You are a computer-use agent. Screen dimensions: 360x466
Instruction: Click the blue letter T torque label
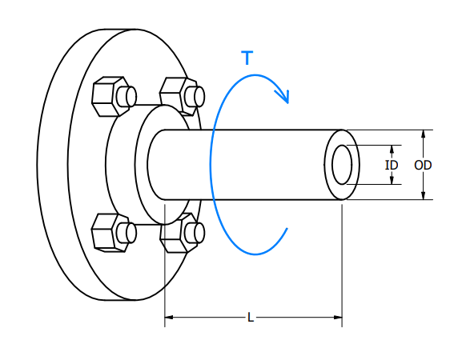(247, 58)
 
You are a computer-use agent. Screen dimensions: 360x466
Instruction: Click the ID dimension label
(392, 165)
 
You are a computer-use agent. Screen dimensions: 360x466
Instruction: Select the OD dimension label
(423, 165)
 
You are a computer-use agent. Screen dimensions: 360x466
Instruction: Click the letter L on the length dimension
(251, 318)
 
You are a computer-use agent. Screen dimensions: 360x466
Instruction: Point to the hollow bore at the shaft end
(342, 164)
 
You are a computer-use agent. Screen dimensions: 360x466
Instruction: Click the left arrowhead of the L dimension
(169, 318)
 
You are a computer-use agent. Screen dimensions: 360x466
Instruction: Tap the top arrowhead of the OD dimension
(423, 134)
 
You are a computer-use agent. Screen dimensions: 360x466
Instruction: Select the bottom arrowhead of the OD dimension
(423, 194)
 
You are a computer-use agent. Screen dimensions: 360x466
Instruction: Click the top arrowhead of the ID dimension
(392, 149)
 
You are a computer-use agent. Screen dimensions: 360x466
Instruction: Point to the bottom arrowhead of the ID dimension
(392, 180)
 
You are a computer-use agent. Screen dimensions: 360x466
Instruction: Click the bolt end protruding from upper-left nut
(127, 96)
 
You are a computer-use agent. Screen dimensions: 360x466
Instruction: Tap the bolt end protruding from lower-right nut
(194, 233)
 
